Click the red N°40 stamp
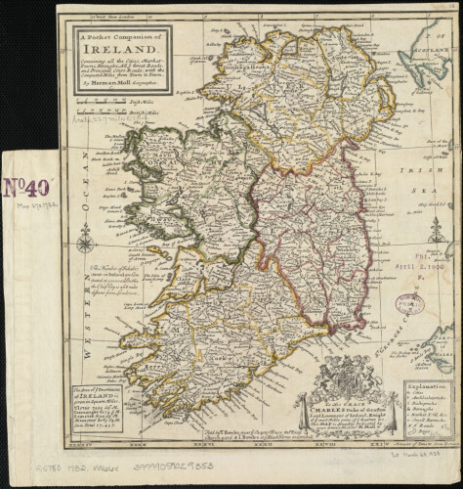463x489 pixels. [28, 187]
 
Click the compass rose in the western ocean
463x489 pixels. [85, 238]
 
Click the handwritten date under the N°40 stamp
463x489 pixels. [29, 204]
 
